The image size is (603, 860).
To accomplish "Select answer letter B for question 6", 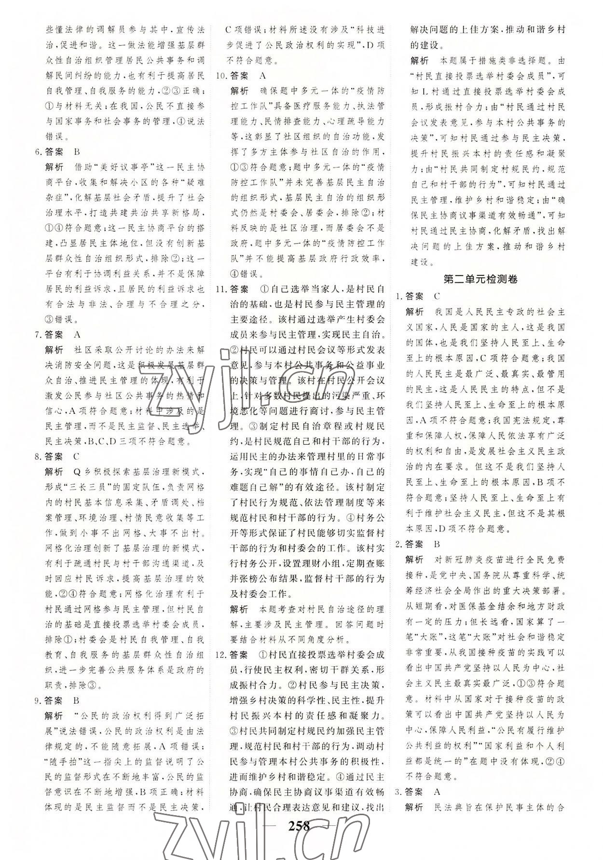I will click(77, 152).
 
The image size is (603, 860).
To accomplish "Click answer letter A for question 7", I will click(77, 334).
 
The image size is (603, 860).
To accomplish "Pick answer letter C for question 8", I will click(77, 456).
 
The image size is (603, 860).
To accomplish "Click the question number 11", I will click(221, 289).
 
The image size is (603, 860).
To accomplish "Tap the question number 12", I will click(221, 655).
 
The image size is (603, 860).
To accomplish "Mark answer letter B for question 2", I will click(437, 544).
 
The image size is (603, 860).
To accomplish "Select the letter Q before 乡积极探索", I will click(76, 472).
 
